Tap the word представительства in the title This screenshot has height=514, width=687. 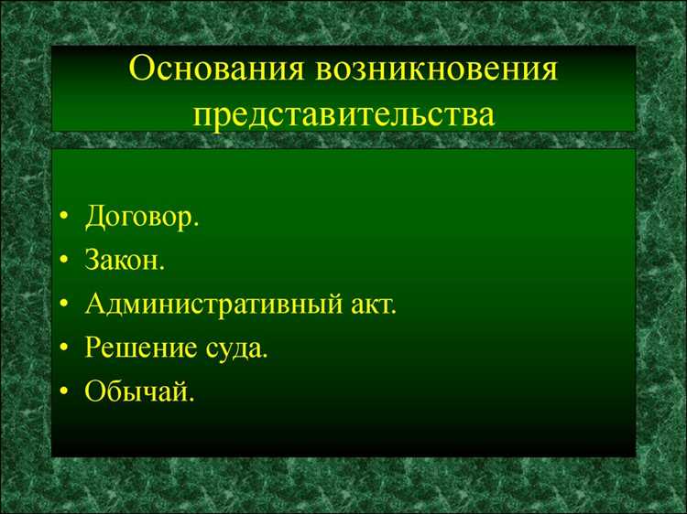tap(343, 115)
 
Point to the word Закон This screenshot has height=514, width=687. tap(124, 262)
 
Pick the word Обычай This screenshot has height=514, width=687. tap(137, 391)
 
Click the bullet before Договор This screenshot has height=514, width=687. tap(62, 220)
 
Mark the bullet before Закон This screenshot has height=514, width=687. tap(62, 262)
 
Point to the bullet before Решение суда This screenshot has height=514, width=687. tap(62, 348)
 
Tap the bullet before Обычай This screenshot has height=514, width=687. tap(62, 391)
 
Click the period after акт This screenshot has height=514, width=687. tap(395, 312)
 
